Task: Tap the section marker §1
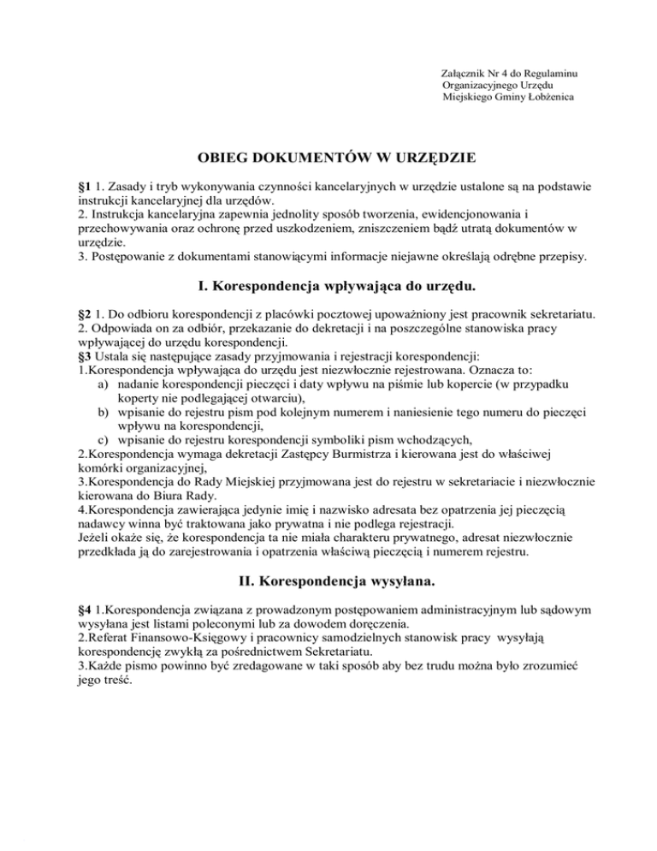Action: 84,186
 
